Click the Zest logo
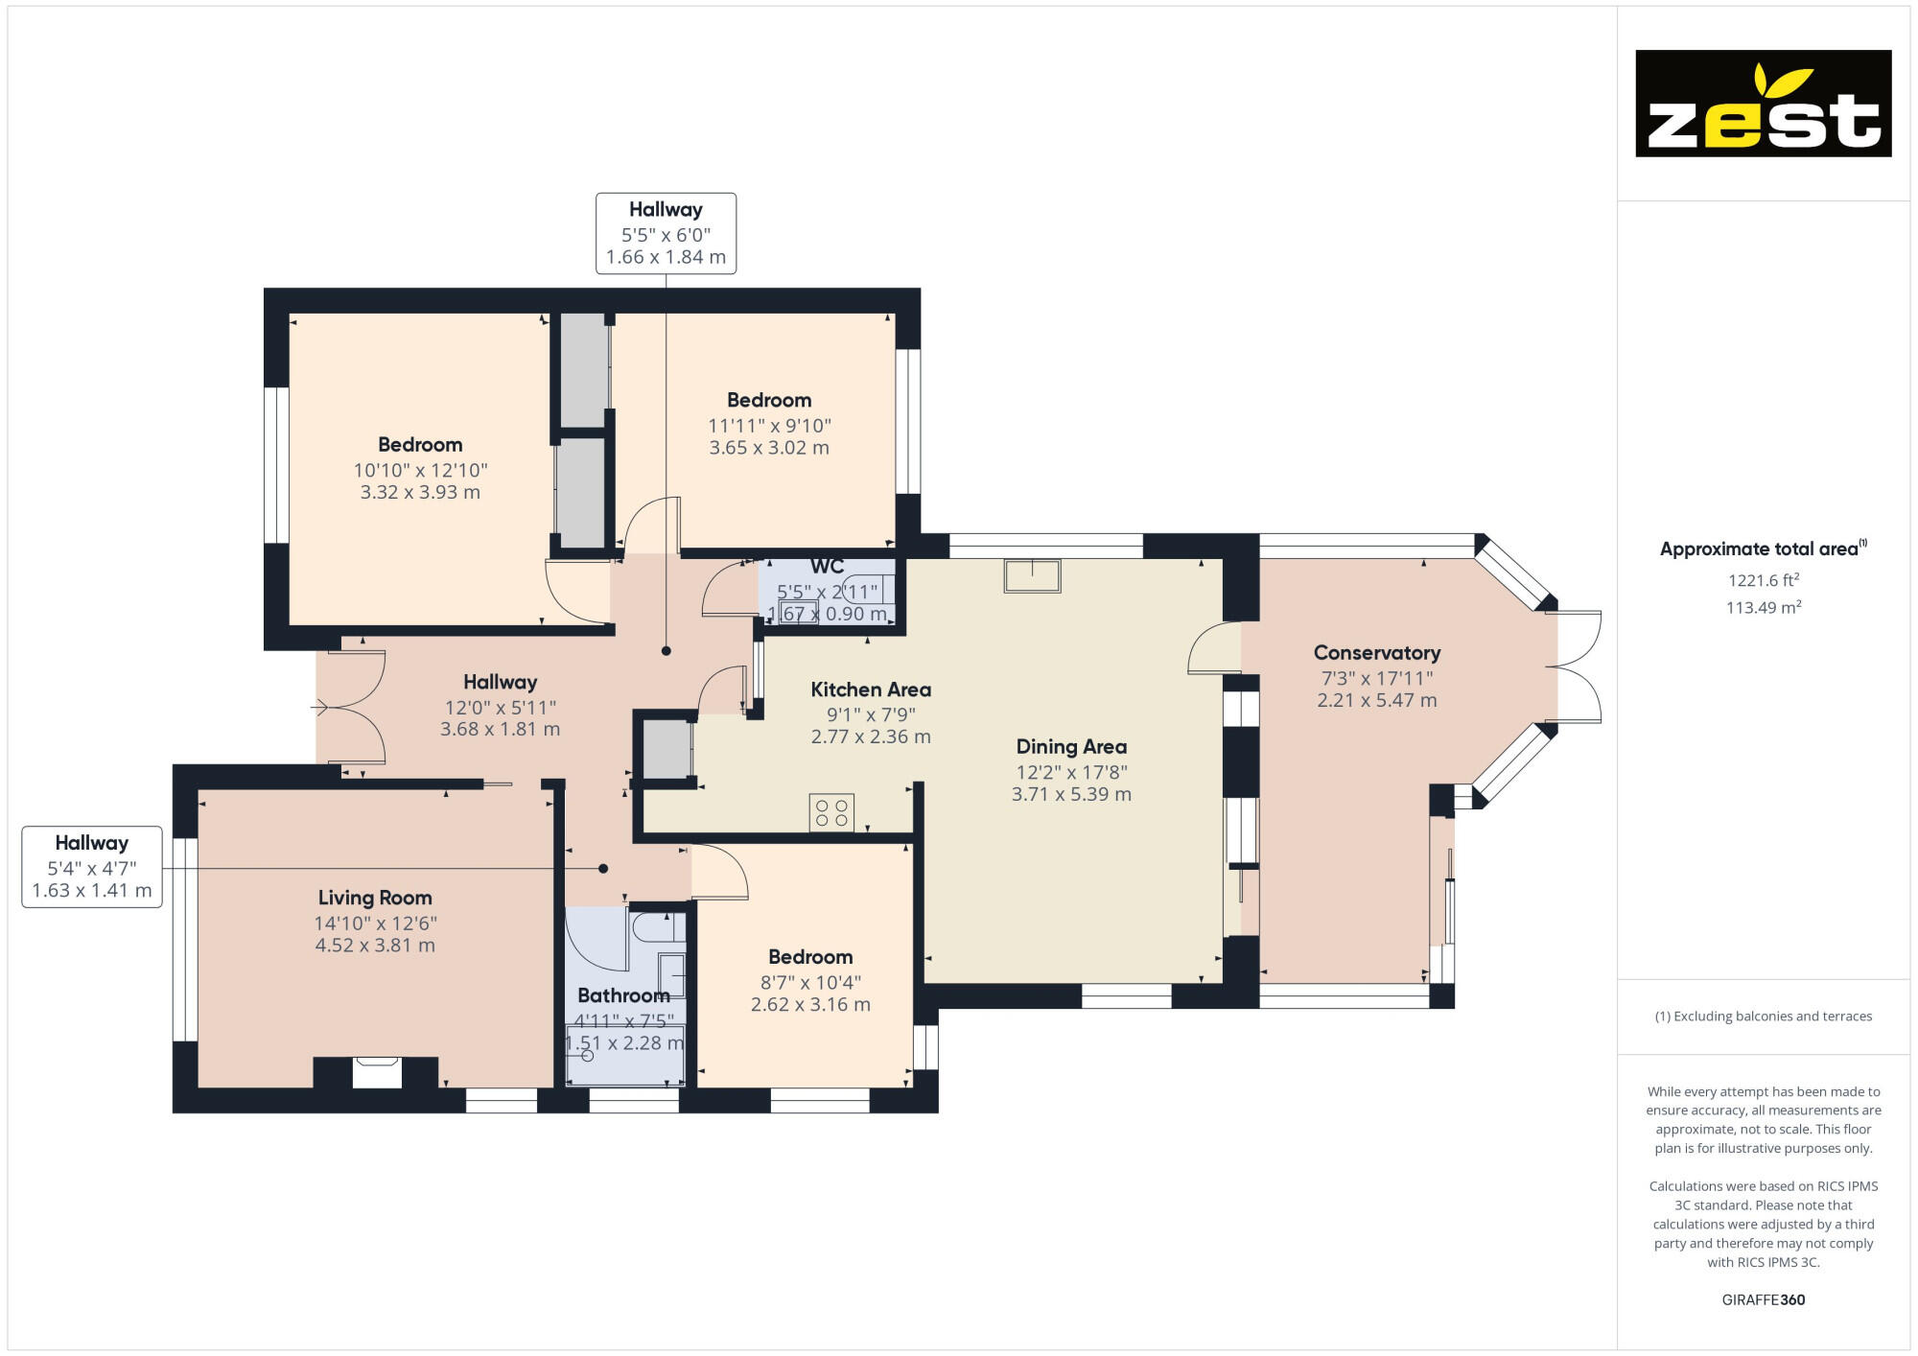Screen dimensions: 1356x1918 pyautogui.click(x=1763, y=104)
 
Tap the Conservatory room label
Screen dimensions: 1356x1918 pyautogui.click(x=1376, y=653)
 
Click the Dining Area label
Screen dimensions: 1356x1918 pyautogui.click(x=1071, y=747)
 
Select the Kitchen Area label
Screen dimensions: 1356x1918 pyautogui.click(x=870, y=690)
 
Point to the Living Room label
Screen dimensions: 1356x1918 pyautogui.click(x=375, y=898)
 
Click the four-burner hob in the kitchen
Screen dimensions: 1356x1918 pyautogui.click(x=831, y=813)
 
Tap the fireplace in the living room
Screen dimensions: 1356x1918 pyautogui.click(x=376, y=1071)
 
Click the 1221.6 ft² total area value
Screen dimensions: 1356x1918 pyautogui.click(x=1763, y=580)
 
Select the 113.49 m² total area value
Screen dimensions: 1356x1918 pyautogui.click(x=1763, y=607)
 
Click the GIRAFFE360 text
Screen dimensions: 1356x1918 pyautogui.click(x=1763, y=1300)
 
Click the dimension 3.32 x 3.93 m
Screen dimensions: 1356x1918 pyautogui.click(x=420, y=493)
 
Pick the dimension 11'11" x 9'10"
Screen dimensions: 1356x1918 pyautogui.click(x=769, y=426)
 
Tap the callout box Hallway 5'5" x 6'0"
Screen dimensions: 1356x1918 pyautogui.click(x=666, y=233)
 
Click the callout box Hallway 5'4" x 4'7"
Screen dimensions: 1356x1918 pyautogui.click(x=92, y=867)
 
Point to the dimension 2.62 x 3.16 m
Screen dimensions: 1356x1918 pyautogui.click(x=810, y=1005)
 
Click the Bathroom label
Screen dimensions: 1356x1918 pyautogui.click(x=623, y=995)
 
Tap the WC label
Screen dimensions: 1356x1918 pyautogui.click(x=827, y=567)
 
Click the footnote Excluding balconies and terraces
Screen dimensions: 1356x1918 pyautogui.click(x=1763, y=1017)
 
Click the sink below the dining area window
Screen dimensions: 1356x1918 pyautogui.click(x=1032, y=576)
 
